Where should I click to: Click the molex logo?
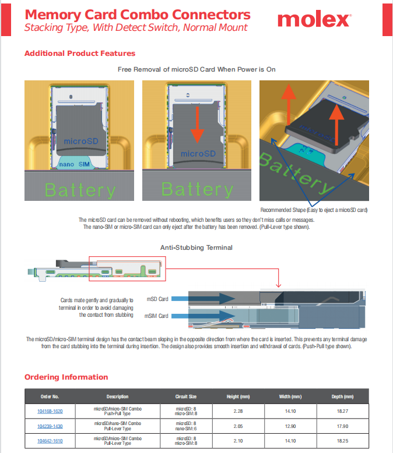314,20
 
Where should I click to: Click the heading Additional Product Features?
80,54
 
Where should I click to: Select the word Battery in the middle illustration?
197,190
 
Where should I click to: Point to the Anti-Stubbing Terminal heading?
196,247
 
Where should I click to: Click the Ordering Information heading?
66,377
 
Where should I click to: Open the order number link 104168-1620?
50,411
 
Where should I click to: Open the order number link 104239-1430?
50,426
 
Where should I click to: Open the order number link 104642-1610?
50,441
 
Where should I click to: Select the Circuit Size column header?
186,397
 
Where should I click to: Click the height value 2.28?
238,411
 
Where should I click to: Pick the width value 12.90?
290,426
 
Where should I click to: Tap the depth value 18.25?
343,441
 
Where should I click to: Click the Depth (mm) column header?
343,397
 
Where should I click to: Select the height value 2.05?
238,426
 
